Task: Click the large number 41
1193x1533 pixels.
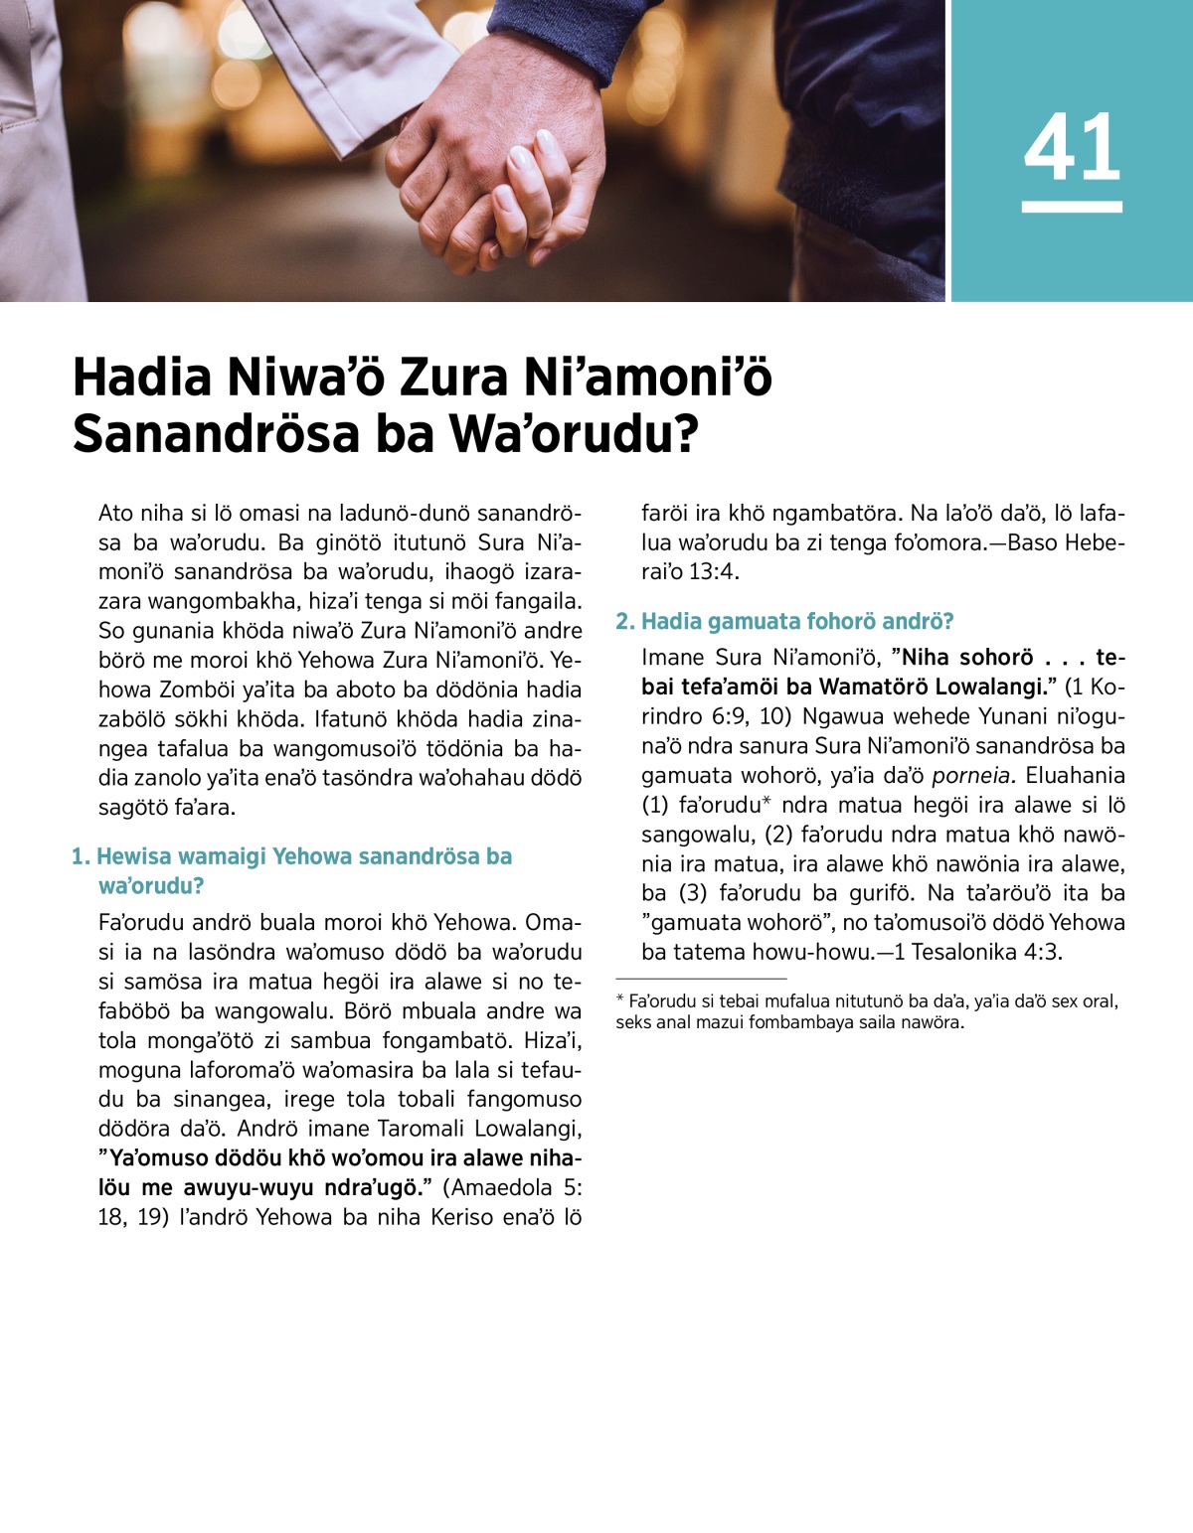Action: (x=1072, y=148)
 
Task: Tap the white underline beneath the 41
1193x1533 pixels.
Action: (x=1072, y=207)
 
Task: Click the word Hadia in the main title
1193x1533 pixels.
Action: (x=142, y=378)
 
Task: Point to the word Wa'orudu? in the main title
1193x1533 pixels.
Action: (x=575, y=434)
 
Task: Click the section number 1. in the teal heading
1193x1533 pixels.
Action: (x=81, y=856)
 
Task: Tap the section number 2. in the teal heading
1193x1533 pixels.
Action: (x=625, y=622)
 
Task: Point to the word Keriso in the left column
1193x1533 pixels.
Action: (x=467, y=1218)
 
